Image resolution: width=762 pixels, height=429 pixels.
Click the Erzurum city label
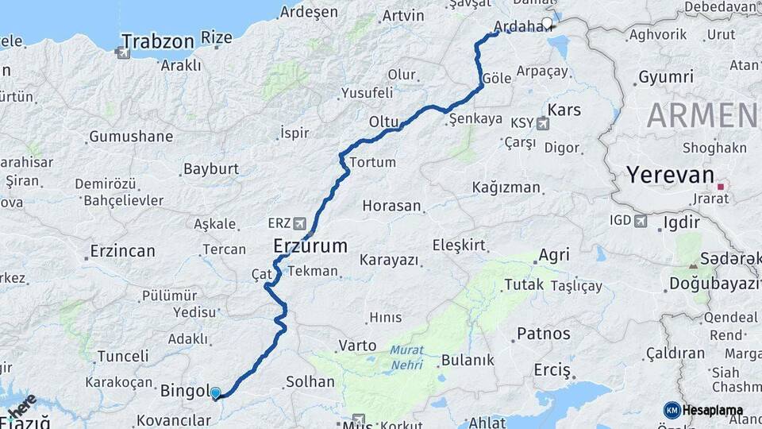(x=310, y=245)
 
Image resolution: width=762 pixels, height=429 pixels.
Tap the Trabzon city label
(x=158, y=41)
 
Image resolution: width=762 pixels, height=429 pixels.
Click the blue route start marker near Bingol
(x=215, y=392)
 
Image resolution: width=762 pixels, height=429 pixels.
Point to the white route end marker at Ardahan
(x=547, y=23)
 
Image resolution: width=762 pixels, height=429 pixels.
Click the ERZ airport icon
(x=299, y=223)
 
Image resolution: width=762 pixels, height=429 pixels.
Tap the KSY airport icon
(x=543, y=123)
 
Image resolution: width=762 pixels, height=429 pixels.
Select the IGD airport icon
(x=641, y=220)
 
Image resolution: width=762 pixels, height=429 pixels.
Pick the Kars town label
(x=564, y=110)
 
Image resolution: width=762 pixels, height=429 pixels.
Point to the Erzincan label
(x=122, y=251)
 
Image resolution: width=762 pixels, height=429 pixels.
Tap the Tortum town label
(x=372, y=162)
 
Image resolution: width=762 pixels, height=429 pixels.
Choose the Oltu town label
(x=383, y=122)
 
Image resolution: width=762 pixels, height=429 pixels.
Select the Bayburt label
(x=210, y=168)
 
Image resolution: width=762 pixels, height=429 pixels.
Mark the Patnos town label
(x=543, y=333)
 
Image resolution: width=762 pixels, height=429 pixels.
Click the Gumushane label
(x=130, y=137)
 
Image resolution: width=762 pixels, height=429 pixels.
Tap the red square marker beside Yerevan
(x=721, y=187)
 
